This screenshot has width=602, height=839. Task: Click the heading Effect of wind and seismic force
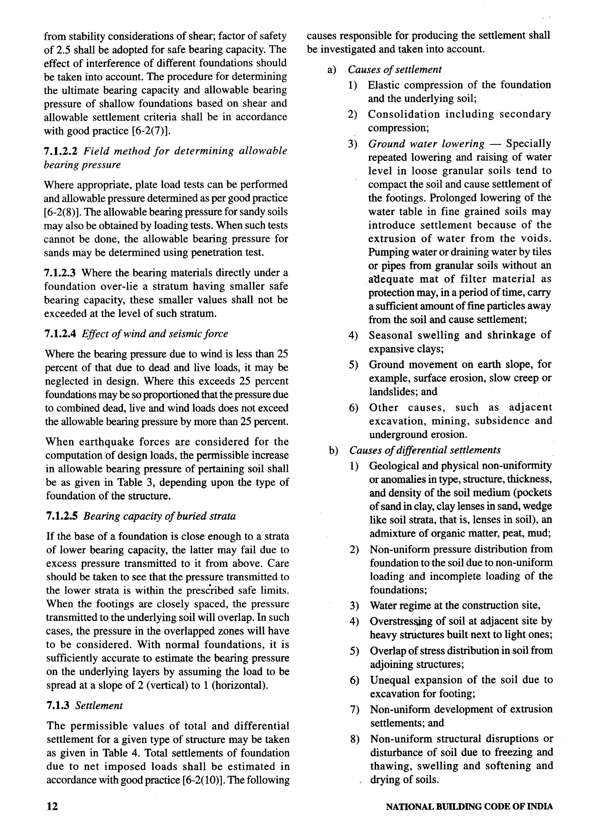(155, 334)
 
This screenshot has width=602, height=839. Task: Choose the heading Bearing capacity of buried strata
(159, 516)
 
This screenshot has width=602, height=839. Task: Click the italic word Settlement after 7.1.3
(99, 705)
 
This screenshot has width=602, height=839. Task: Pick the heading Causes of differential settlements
(425, 450)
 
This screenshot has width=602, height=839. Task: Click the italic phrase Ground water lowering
(426, 144)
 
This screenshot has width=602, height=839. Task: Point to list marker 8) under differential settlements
(354, 739)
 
